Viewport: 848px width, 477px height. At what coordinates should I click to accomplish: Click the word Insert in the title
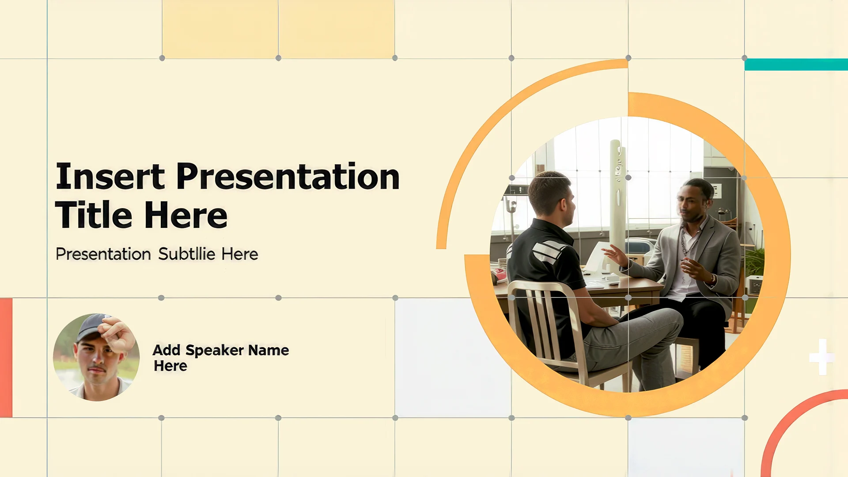point(110,176)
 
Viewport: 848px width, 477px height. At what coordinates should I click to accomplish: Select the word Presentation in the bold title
point(288,176)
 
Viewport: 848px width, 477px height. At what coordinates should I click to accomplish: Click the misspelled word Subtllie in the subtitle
point(187,254)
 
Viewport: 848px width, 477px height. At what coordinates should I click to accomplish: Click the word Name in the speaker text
point(269,350)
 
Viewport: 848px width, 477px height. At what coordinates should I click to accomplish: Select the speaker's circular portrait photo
point(96,357)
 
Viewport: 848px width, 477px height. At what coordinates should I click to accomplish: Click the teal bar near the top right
point(796,64)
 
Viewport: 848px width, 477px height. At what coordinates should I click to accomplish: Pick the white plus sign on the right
point(822,357)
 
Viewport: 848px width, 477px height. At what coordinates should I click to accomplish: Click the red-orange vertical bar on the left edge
point(6,358)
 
